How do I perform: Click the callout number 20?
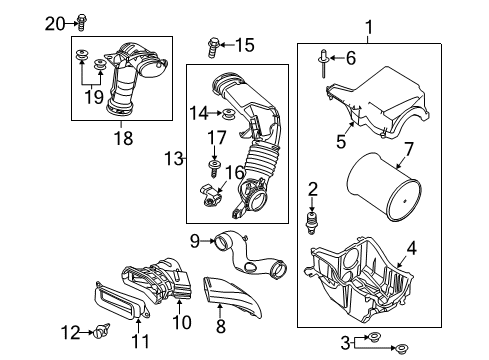click(x=55, y=24)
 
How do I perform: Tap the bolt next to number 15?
click(x=212, y=48)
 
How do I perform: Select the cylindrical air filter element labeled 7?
click(x=384, y=187)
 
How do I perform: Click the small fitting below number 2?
click(x=311, y=222)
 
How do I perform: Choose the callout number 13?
click(x=174, y=159)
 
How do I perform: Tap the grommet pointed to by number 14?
click(x=228, y=113)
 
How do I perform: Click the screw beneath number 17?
click(x=214, y=168)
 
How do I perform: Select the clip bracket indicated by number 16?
click(x=210, y=196)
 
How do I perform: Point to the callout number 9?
click(x=195, y=241)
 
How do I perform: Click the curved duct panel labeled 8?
click(x=232, y=296)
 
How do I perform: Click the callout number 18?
click(x=124, y=138)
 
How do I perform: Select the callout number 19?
click(x=94, y=97)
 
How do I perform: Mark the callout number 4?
click(x=412, y=249)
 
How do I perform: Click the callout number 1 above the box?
click(x=369, y=27)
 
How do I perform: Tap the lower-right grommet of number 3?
click(x=400, y=349)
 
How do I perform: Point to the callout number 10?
click(x=182, y=322)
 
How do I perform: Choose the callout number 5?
click(x=341, y=142)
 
